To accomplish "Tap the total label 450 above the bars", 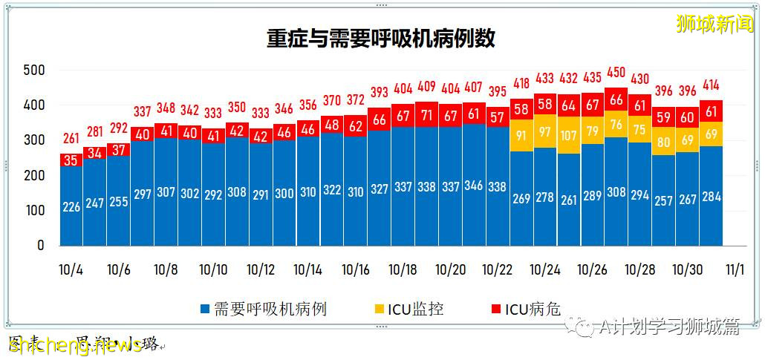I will (616, 72).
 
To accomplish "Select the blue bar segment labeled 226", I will (71, 206).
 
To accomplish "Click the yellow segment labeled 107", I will (569, 136).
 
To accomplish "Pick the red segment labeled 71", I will (426, 115).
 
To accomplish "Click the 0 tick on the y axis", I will (41, 245).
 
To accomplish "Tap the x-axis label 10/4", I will (71, 270).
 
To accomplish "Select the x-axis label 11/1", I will (735, 270).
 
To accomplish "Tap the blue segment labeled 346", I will (474, 186).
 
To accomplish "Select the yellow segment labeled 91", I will (521, 136).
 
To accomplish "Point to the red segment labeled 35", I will (71, 160).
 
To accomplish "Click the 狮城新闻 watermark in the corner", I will (714, 24).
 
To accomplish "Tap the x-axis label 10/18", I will (403, 270).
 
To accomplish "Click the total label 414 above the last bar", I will (712, 85).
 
